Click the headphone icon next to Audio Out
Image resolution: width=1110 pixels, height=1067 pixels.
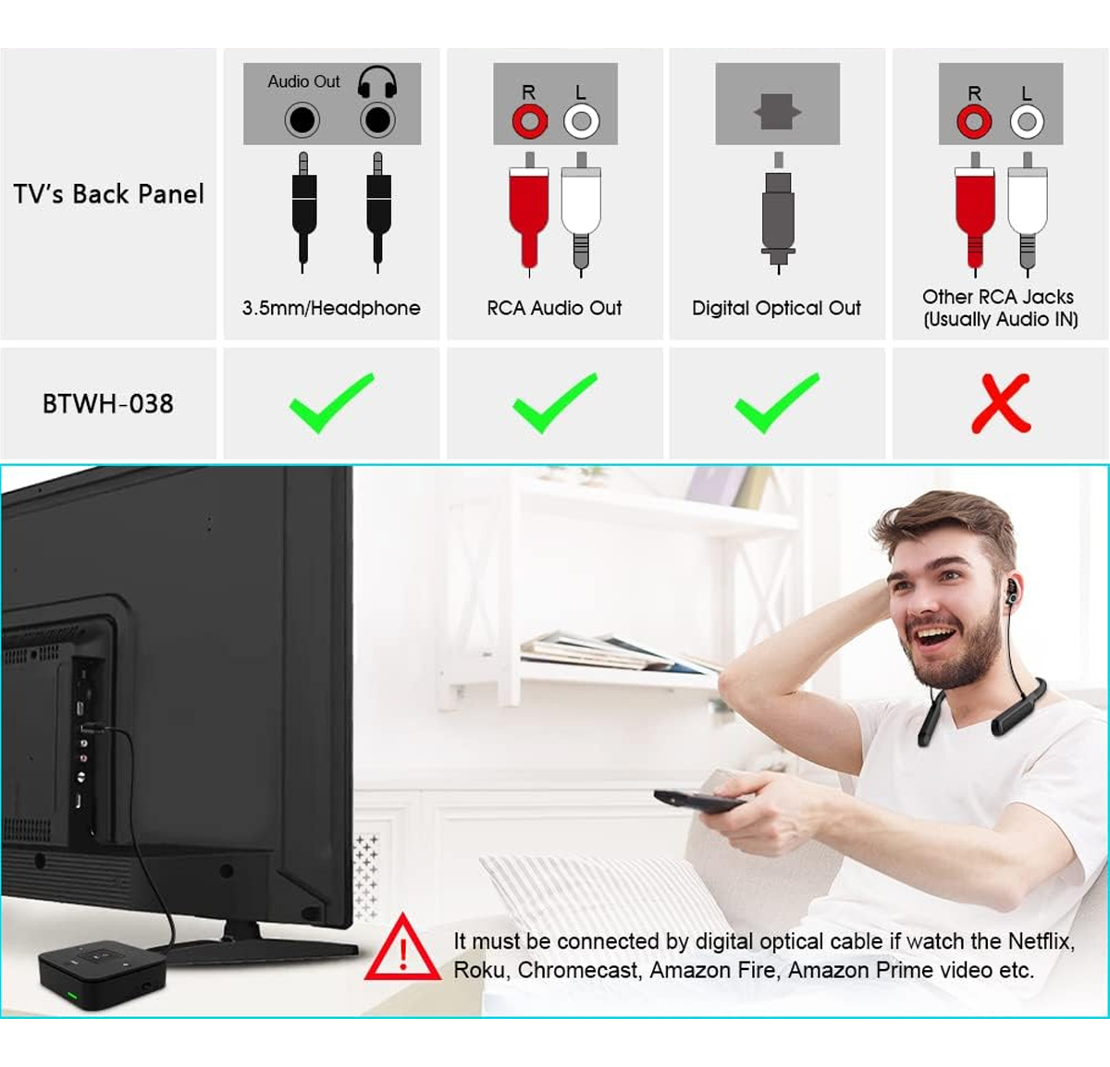click(x=377, y=82)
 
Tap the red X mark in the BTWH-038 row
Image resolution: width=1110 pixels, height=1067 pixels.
click(x=1001, y=403)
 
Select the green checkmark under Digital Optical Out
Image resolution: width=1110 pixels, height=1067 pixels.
click(x=777, y=402)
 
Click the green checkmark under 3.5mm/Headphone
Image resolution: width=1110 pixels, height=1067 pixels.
click(x=332, y=402)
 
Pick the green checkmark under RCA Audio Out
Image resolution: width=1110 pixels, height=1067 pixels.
click(x=555, y=402)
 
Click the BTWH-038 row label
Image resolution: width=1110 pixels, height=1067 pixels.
click(x=108, y=404)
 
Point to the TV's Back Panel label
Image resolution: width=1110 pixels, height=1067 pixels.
click(x=108, y=194)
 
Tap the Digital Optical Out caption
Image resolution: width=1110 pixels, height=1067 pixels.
click(x=776, y=308)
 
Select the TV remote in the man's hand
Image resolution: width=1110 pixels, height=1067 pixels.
click(x=699, y=801)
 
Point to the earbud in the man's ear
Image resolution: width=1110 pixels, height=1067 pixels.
click(x=1010, y=592)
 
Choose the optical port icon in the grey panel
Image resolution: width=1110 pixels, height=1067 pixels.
click(x=777, y=112)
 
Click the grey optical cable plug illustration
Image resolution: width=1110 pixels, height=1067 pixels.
click(x=778, y=214)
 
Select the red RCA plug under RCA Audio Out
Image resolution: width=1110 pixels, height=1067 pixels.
click(x=529, y=215)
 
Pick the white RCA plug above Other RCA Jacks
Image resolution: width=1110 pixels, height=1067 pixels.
click(x=1028, y=215)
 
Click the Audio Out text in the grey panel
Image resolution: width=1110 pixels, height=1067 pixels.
click(x=303, y=81)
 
